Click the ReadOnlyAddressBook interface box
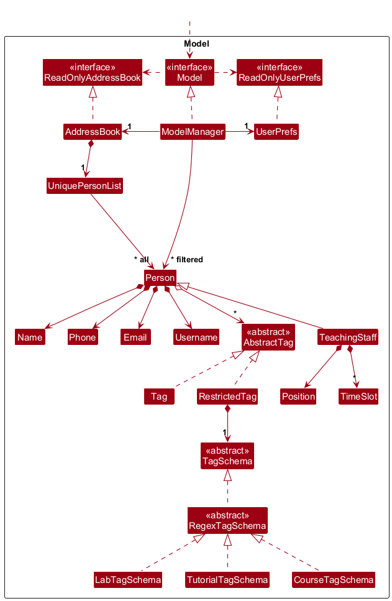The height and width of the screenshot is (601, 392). pos(93,72)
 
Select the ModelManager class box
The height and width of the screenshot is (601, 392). pos(192,132)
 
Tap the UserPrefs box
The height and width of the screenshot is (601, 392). pos(276,132)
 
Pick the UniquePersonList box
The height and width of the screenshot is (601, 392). pos(84,186)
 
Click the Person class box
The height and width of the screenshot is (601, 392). pos(160,278)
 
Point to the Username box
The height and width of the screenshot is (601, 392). pos(196,337)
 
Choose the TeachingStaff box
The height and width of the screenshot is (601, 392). pos(348,337)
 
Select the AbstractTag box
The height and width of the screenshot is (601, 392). pos(268,337)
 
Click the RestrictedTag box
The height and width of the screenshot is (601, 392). pos(227,396)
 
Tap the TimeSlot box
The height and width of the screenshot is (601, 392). pos(358,396)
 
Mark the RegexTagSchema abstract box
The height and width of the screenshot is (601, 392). pos(227,520)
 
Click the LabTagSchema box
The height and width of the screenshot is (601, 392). pos(128,580)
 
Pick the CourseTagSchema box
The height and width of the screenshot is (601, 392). pos(334,580)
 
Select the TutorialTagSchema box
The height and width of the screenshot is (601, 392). pos(227,580)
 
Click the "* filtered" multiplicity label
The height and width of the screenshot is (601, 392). pos(187,259)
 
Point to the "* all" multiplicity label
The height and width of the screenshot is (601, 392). pos(141,259)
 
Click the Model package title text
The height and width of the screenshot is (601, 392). pos(196,44)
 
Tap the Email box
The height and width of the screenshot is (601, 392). pos(135,337)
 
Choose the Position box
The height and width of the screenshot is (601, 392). pos(298,396)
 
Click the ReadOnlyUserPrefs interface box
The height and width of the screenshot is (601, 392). pos(280,72)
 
